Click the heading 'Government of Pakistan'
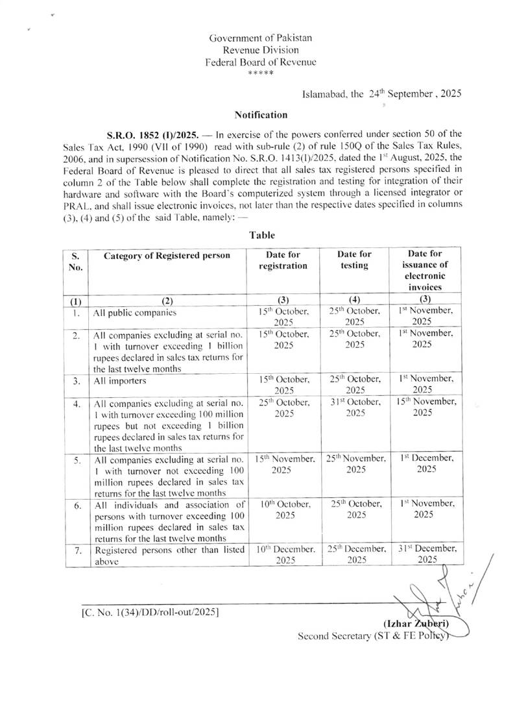click(x=261, y=38)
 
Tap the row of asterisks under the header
click(x=261, y=74)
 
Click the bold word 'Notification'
click(x=261, y=116)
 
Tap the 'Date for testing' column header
click(x=355, y=260)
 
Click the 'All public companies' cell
click(x=135, y=312)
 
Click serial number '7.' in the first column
click(x=76, y=550)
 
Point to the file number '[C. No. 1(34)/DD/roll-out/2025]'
click(x=150, y=612)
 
